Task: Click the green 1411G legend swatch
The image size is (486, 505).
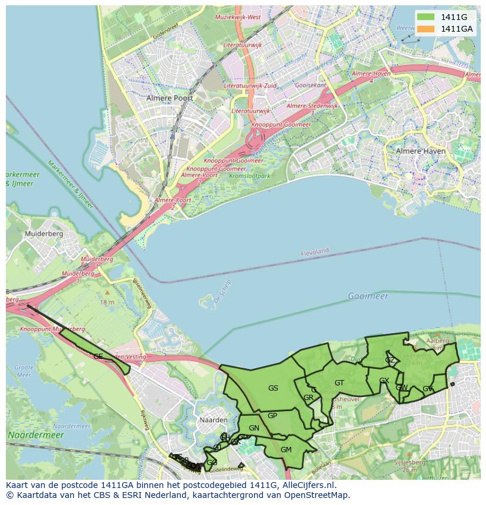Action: pyautogui.click(x=426, y=17)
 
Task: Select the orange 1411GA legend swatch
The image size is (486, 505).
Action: pyautogui.click(x=426, y=29)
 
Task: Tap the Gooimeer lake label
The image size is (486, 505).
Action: pyautogui.click(x=368, y=296)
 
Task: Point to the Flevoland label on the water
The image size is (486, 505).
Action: pyautogui.click(x=315, y=252)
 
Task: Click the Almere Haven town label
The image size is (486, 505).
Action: pyautogui.click(x=421, y=151)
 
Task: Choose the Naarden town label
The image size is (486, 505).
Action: pyautogui.click(x=213, y=421)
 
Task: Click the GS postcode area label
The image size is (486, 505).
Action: pyautogui.click(x=273, y=388)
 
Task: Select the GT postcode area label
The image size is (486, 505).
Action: pyautogui.click(x=339, y=383)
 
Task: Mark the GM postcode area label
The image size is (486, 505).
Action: pyautogui.click(x=286, y=450)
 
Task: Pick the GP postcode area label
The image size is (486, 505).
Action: pyautogui.click(x=272, y=416)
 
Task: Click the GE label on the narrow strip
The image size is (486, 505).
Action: pyautogui.click(x=98, y=356)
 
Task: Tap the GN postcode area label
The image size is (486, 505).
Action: pyautogui.click(x=254, y=428)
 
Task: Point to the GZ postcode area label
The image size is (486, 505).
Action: pyautogui.click(x=390, y=360)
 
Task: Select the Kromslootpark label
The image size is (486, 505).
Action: pyautogui.click(x=251, y=175)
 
